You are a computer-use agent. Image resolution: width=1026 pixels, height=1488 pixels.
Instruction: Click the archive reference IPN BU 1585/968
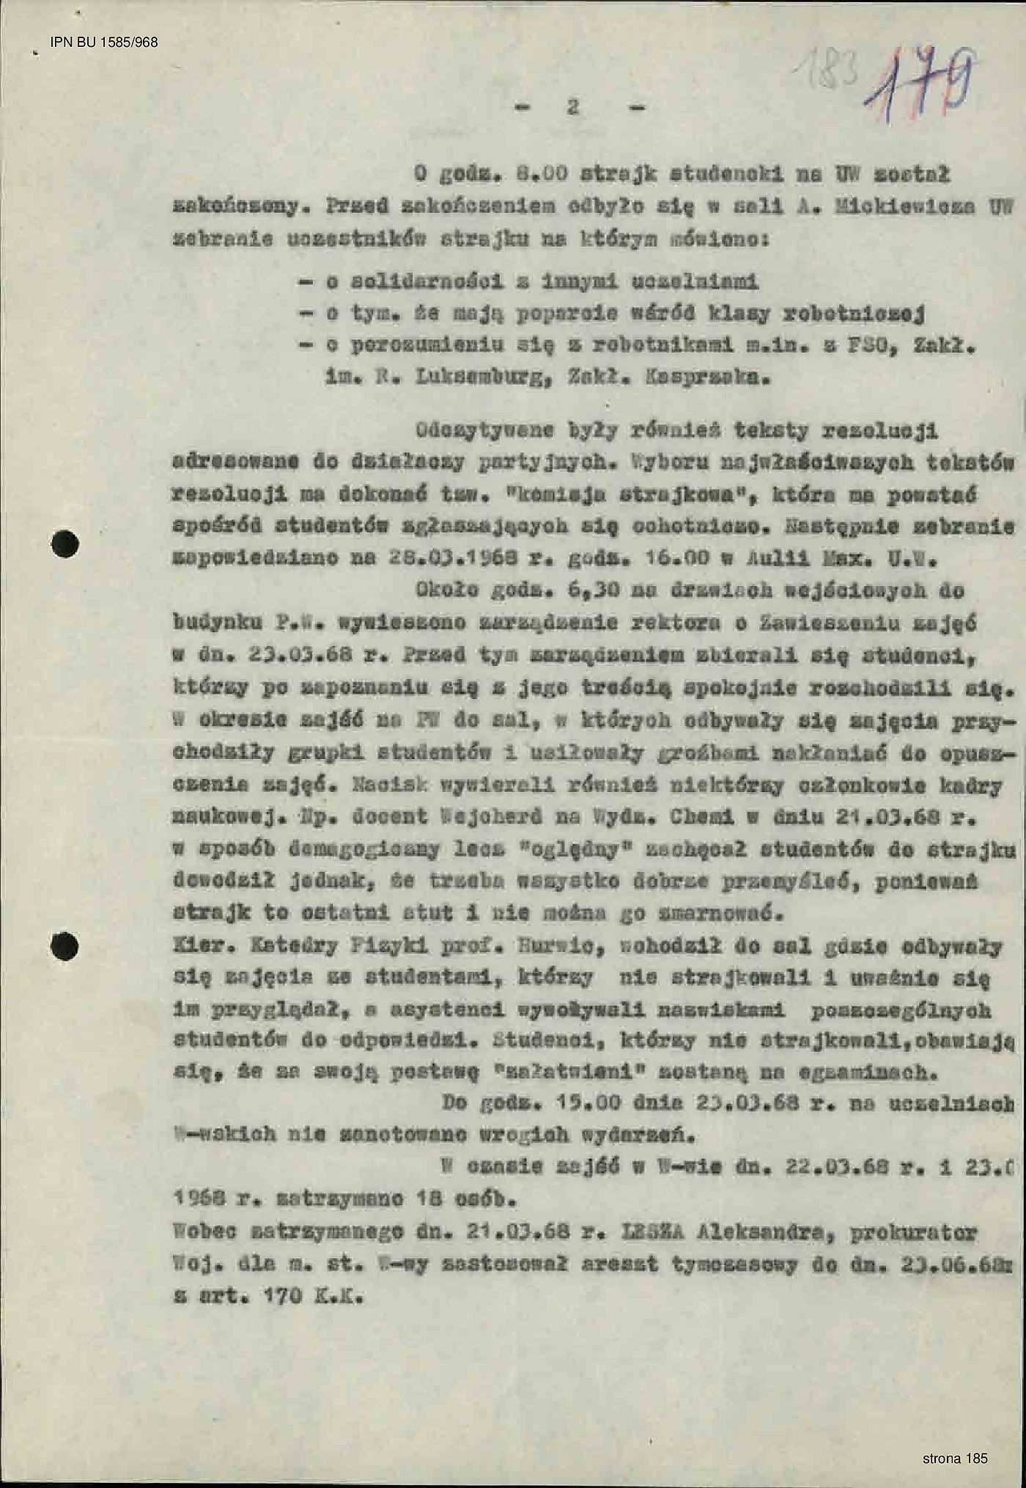[x=104, y=42]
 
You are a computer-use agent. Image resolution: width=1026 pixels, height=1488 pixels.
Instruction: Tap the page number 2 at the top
[x=573, y=107]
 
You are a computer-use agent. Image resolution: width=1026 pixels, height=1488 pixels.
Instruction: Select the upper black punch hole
[x=65, y=544]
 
